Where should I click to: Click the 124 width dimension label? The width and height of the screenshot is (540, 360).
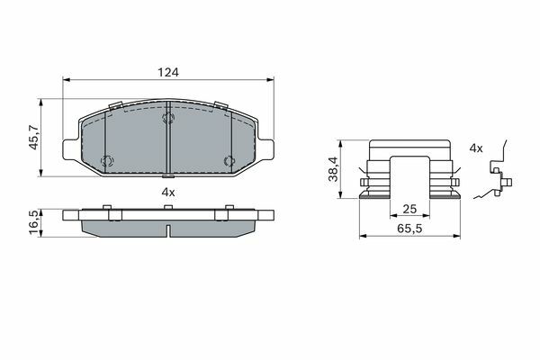[168, 72]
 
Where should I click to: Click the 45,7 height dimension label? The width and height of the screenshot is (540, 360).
[34, 138]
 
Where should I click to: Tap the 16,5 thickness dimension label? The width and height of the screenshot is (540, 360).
[34, 223]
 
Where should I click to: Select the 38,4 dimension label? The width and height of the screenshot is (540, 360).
[333, 169]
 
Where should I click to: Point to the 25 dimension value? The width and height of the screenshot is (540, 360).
[409, 209]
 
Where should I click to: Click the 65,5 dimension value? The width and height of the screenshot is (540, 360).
[409, 228]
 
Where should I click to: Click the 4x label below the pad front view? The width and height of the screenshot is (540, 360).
[168, 193]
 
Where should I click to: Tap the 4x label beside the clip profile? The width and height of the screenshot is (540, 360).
[476, 148]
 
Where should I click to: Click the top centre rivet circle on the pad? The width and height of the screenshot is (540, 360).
[168, 118]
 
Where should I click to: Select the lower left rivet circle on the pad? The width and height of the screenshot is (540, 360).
[106, 160]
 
